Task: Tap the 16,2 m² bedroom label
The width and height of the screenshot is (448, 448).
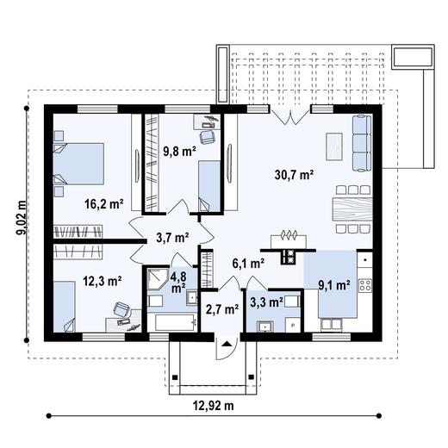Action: point(103,204)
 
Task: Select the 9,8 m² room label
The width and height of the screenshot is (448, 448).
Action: point(180,151)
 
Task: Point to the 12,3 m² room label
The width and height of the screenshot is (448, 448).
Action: point(102,280)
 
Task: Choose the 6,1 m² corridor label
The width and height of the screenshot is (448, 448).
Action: point(246,265)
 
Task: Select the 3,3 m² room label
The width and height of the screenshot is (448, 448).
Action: point(266,302)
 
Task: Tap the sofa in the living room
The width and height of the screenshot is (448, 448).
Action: point(362,141)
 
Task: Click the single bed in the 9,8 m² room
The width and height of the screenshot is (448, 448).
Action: point(208,183)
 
